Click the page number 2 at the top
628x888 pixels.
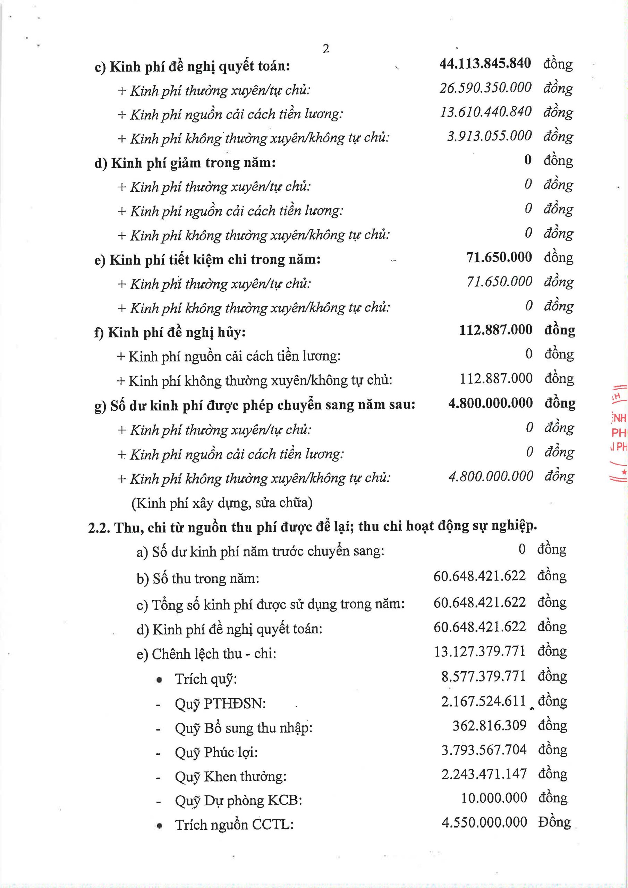(326, 49)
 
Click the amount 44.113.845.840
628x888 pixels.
(485, 63)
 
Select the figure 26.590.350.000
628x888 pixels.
(485, 87)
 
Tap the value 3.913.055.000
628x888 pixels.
(490, 136)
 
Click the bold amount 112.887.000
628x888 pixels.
(496, 330)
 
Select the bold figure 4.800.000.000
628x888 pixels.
(490, 403)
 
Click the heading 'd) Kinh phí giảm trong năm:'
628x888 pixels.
(185, 163)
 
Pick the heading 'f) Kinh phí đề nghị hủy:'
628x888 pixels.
(170, 332)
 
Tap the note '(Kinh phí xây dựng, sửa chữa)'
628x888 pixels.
(222, 503)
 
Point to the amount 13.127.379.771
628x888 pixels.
(480, 651)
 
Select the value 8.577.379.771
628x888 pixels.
(484, 676)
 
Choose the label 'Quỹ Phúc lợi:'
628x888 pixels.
(216, 752)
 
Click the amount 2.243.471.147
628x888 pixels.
(484, 774)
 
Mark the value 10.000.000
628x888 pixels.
(494, 798)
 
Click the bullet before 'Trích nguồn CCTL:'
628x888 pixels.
(159, 825)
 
